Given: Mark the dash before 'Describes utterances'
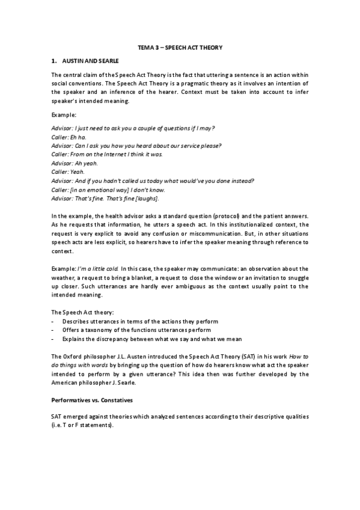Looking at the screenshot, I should point(53,322).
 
